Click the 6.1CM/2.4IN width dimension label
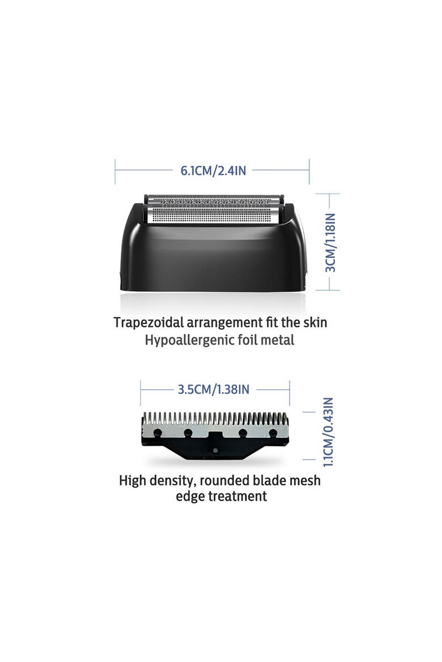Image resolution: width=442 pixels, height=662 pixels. [213, 170]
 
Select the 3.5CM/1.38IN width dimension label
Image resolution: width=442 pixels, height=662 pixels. [214, 389]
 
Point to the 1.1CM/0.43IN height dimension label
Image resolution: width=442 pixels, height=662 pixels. [328, 432]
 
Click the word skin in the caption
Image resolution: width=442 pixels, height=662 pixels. [315, 323]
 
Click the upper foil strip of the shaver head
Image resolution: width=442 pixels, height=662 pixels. [214, 200]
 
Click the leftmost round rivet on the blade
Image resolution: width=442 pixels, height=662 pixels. [158, 432]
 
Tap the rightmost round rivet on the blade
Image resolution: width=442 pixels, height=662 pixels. [273, 432]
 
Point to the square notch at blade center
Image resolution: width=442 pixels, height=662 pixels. [216, 435]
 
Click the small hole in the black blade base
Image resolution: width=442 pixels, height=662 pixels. [216, 450]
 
